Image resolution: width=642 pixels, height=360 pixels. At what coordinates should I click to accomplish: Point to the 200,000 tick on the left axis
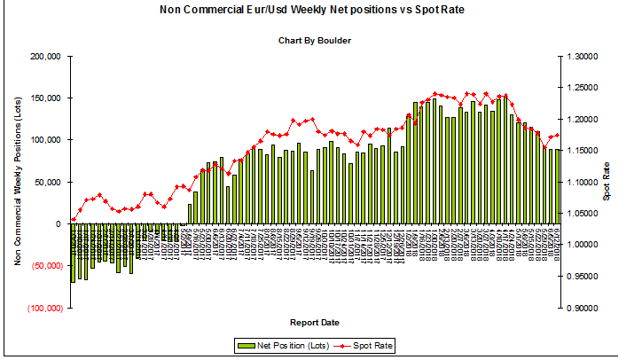click(44, 56)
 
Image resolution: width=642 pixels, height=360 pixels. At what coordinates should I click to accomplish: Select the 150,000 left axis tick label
click(44, 98)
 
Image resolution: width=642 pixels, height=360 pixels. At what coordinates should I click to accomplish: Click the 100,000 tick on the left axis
click(44, 140)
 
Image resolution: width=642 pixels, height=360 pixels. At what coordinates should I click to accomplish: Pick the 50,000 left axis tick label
click(47, 182)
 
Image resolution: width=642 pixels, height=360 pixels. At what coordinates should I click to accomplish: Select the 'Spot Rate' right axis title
click(607, 181)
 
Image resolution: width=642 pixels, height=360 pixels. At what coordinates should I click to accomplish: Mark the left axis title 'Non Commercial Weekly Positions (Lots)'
click(17, 182)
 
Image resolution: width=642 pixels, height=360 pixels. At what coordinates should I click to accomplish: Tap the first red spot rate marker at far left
click(73, 219)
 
